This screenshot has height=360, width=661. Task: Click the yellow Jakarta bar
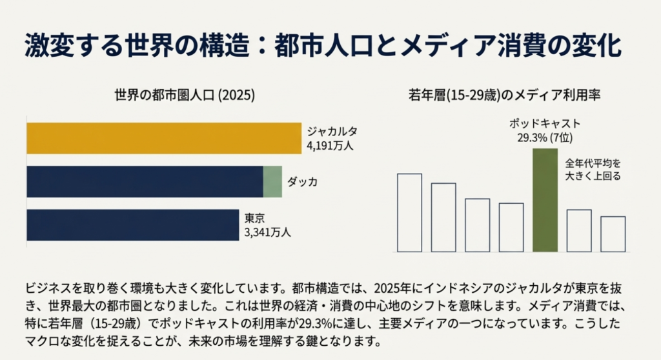click(164, 138)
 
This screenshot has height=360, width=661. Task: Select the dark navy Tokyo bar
click(133, 225)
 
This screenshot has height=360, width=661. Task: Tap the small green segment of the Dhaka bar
click(272, 181)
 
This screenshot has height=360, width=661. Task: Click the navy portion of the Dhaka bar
click(145, 181)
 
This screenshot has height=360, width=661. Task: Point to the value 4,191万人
click(330, 145)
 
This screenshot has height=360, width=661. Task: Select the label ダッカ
click(302, 182)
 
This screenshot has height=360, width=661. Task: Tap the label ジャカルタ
click(332, 132)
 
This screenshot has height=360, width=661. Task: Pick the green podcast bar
click(545, 200)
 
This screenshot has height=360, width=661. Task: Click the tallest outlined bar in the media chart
click(409, 212)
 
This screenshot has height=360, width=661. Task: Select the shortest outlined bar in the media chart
click(613, 234)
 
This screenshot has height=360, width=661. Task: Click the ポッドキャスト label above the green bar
click(545, 124)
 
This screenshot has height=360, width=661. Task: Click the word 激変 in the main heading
click(46, 47)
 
